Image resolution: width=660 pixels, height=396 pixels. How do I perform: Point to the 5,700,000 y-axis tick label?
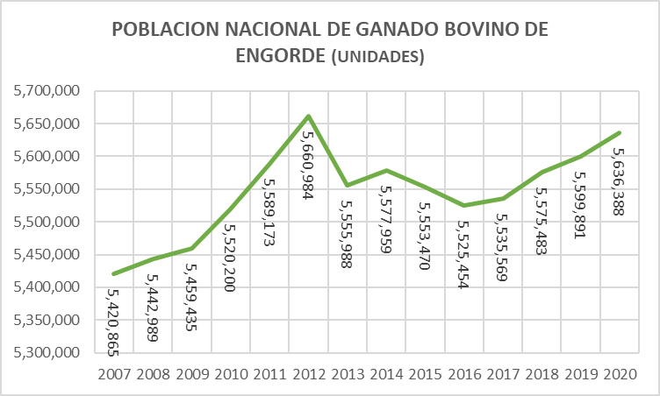[x=43, y=91]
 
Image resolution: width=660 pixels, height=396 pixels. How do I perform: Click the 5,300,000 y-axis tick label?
[x=43, y=353]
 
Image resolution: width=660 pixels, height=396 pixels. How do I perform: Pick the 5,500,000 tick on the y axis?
[x=43, y=222]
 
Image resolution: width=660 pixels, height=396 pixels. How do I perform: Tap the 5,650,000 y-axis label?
[x=43, y=124]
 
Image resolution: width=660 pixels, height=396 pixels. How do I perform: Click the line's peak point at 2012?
[x=309, y=116]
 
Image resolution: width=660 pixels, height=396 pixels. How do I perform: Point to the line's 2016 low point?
[x=464, y=205]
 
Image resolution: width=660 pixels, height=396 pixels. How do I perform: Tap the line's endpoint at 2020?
[x=621, y=132]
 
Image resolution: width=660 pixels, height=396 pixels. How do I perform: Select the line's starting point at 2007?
[x=115, y=273]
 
